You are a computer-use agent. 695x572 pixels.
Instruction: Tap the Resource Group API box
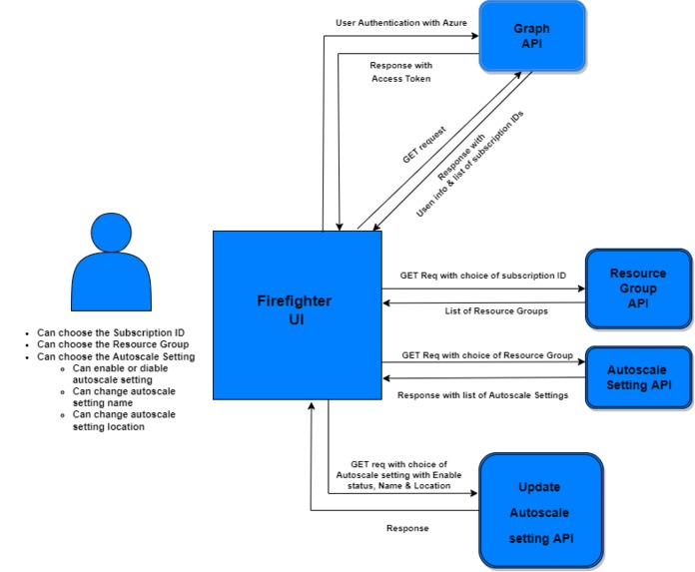tap(637, 287)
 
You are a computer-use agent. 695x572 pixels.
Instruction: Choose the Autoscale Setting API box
tap(638, 377)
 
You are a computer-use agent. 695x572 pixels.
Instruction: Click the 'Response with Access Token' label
tap(399, 72)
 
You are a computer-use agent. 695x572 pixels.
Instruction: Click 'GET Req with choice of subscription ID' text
tap(483, 275)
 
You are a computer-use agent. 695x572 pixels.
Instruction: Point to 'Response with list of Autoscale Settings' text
tap(482, 395)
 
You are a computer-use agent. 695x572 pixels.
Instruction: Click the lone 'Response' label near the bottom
tap(407, 528)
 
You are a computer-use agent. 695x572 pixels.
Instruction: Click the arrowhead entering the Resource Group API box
tap(580, 289)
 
